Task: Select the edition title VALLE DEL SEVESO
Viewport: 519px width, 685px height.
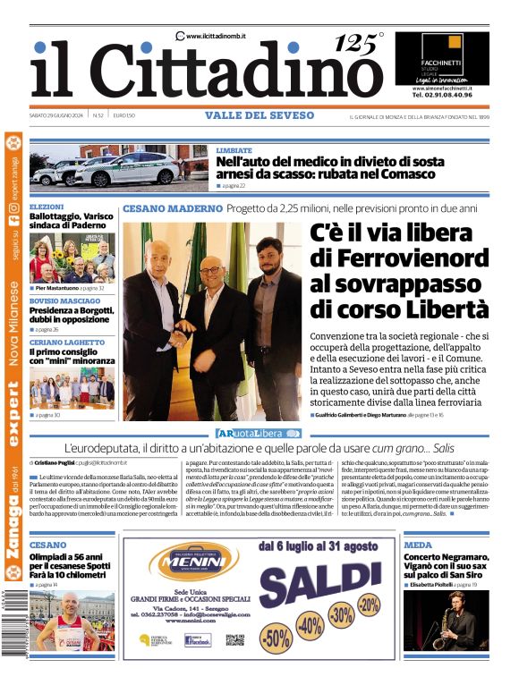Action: pos(259,115)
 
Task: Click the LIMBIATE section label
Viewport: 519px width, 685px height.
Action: pos(234,150)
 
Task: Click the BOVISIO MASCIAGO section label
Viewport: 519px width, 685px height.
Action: pos(66,300)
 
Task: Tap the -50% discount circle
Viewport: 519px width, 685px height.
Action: pos(277,637)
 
